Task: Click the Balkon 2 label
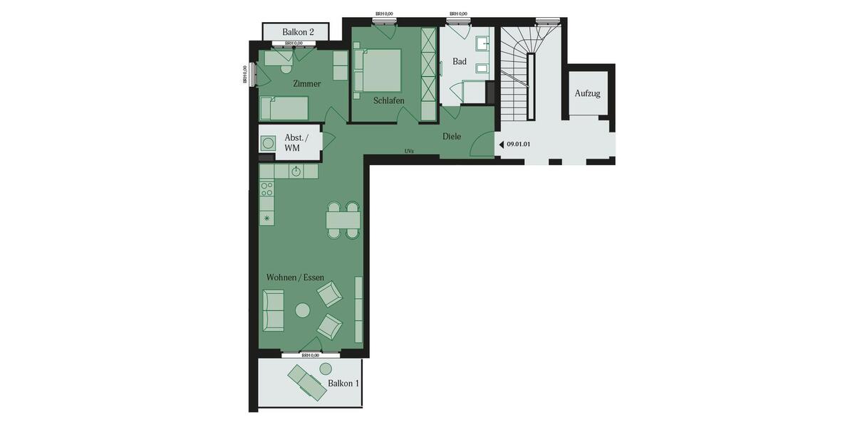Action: (x=298, y=32)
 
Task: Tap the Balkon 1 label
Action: (x=343, y=384)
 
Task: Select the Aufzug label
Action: (x=588, y=93)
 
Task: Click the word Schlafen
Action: (x=388, y=101)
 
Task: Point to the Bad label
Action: (x=460, y=62)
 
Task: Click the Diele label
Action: (x=452, y=137)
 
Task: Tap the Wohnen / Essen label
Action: (x=294, y=277)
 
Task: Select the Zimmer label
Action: (x=307, y=84)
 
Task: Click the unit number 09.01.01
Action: (x=519, y=144)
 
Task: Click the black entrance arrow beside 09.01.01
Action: (x=501, y=144)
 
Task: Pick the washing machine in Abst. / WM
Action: (x=268, y=143)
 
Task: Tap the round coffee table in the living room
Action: (x=303, y=310)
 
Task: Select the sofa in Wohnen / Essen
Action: (x=273, y=310)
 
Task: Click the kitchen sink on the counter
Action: (x=296, y=172)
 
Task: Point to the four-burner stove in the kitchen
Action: (x=267, y=189)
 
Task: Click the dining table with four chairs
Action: (x=343, y=220)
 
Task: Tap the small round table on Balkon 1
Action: (x=326, y=368)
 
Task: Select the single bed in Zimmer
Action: (x=284, y=108)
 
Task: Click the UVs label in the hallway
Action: (x=409, y=151)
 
